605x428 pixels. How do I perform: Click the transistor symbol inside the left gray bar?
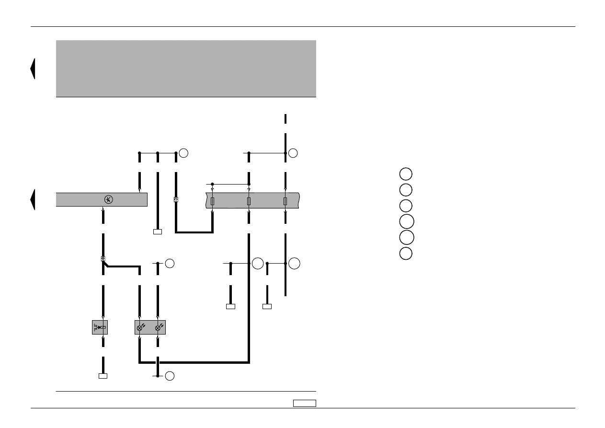click(x=109, y=199)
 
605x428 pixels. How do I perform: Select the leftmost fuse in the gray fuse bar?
click(x=212, y=201)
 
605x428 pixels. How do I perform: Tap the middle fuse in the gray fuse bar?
click(x=249, y=201)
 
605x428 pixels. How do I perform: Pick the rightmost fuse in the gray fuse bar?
click(x=285, y=201)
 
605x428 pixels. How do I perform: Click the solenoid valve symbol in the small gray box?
click(x=100, y=327)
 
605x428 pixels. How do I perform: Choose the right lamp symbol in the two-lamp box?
click(x=159, y=327)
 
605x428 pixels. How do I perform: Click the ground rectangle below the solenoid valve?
click(x=103, y=376)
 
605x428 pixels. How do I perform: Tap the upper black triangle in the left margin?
click(x=33, y=69)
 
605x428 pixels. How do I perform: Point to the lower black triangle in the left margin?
click(x=33, y=199)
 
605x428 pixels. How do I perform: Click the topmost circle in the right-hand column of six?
click(x=405, y=174)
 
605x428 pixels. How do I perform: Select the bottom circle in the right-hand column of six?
click(x=405, y=253)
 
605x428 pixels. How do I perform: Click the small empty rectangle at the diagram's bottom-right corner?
click(x=305, y=403)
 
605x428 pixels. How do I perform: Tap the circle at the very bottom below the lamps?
click(x=170, y=376)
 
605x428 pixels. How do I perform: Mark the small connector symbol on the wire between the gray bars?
click(x=176, y=199)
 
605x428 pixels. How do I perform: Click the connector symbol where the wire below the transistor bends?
click(x=103, y=259)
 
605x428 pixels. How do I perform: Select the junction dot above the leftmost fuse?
click(x=212, y=184)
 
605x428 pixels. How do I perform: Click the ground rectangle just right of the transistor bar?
click(x=157, y=231)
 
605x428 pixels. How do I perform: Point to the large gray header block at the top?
click(x=186, y=69)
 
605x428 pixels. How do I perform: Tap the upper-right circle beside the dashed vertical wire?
click(x=293, y=153)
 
